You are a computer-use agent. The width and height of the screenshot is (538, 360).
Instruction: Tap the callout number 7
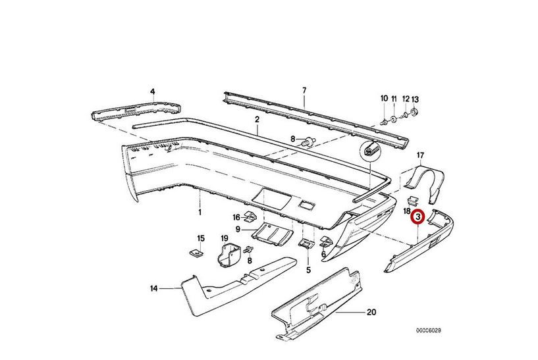(x=304, y=90)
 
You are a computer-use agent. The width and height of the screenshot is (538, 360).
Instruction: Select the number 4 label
(x=152, y=91)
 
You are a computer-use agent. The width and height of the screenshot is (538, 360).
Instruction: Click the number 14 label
(x=154, y=288)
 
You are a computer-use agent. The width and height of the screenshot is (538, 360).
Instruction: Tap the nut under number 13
(x=415, y=113)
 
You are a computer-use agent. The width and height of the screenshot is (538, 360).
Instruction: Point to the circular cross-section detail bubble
(x=370, y=151)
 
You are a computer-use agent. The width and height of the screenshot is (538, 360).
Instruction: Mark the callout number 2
(x=257, y=119)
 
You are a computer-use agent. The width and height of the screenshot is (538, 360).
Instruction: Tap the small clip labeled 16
(x=250, y=217)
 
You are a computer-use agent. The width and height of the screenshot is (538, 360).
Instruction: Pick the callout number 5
(x=308, y=269)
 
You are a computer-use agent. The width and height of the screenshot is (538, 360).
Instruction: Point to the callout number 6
(x=323, y=255)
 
